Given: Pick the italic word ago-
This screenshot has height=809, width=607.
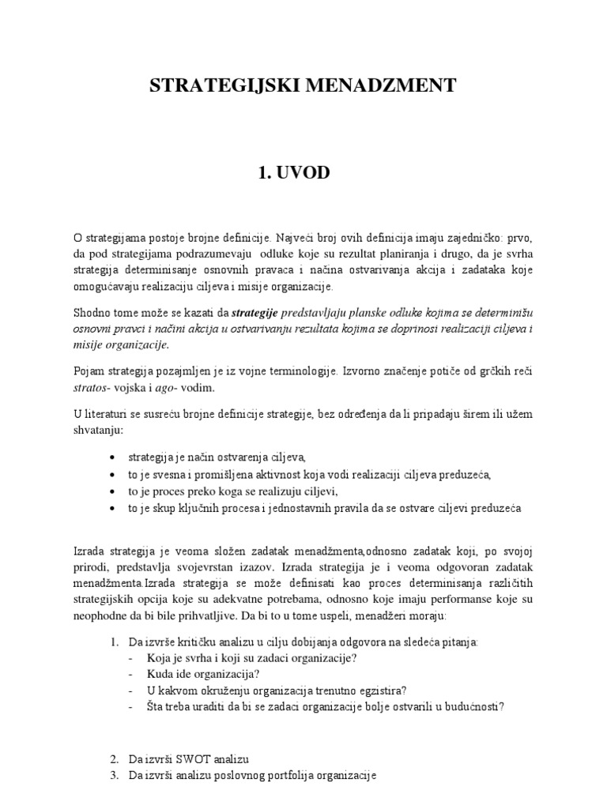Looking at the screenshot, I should pos(187,388).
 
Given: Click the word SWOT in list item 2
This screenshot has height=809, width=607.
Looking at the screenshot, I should pos(182,759).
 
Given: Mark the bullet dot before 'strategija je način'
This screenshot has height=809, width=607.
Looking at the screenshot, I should pos(114,457).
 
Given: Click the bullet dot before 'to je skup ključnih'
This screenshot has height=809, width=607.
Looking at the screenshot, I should pos(114,508).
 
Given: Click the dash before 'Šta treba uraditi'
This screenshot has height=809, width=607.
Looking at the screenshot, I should pos(130,706).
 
